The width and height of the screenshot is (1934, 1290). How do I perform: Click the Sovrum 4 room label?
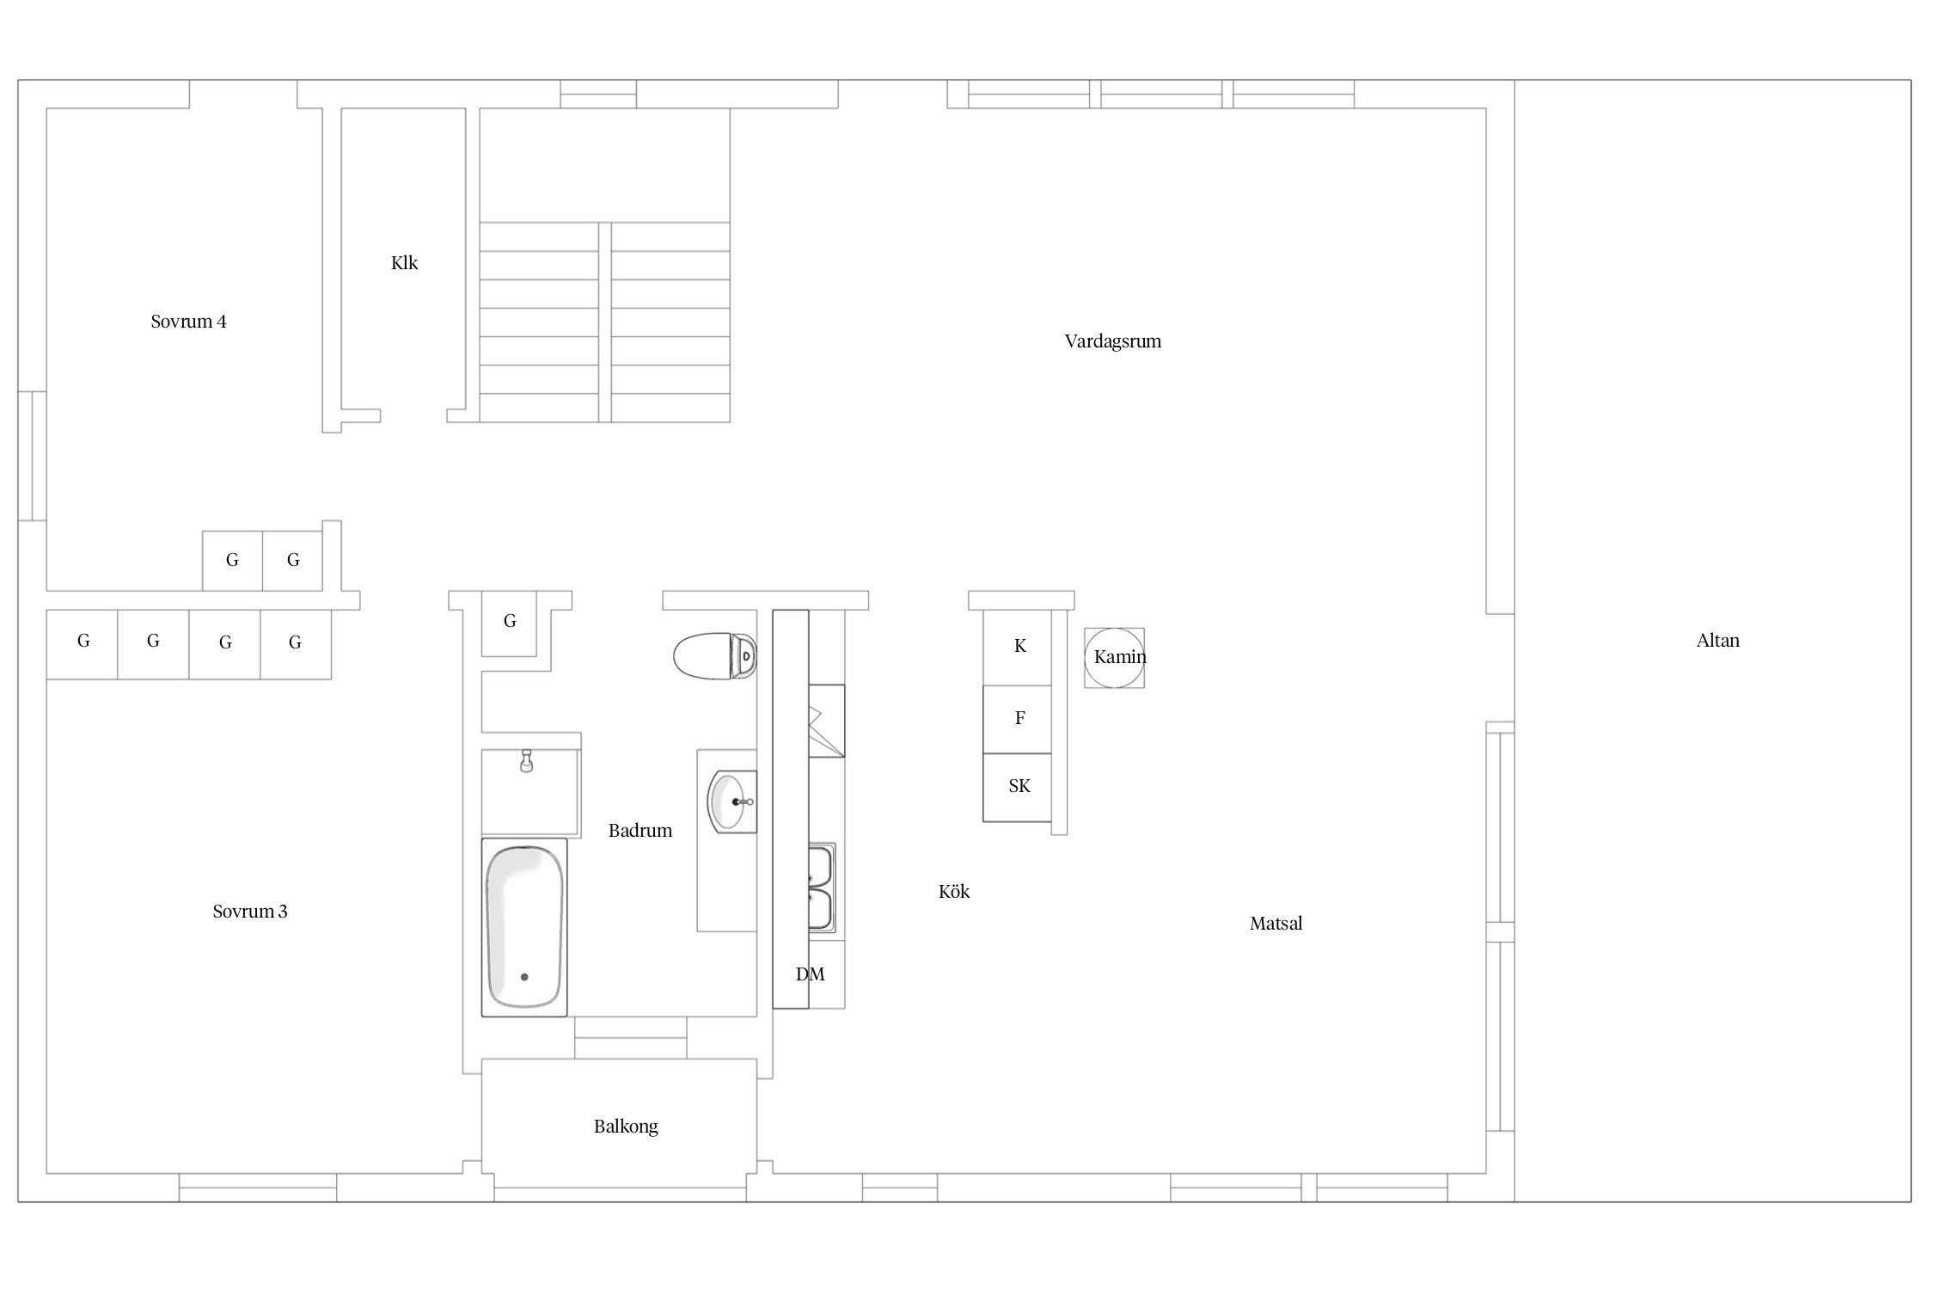pos(188,322)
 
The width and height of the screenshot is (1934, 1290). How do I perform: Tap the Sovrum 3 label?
pos(250,912)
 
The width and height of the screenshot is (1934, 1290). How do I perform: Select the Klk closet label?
pos(404,263)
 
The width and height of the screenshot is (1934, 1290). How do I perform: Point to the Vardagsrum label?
pos(1113,341)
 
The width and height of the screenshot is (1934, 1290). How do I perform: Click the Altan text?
pos(1718,641)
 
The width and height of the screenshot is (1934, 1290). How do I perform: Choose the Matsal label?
pos(1276,924)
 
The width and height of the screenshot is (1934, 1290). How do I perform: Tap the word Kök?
pos(954,892)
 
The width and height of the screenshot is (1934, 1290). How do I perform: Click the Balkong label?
pos(626,1127)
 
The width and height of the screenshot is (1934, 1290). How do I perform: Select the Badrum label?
pos(640,831)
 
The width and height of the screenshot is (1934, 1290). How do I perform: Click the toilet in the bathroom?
pos(715,657)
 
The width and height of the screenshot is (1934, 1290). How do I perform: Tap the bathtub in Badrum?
pos(524,927)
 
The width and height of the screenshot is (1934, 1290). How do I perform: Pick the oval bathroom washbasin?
pos(729,802)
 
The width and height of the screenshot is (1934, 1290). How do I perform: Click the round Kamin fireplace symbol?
pos(1114,658)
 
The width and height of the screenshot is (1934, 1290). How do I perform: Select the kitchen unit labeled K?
pos(1018,647)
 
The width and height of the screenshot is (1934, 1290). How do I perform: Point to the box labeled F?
pos(1018,719)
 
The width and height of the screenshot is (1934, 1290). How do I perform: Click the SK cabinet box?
pos(1018,787)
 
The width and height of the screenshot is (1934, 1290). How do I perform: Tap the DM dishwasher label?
pos(810,974)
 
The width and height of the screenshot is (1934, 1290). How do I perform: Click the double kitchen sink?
pos(822,888)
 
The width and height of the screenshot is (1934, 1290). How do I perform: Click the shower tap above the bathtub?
pos(526,761)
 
